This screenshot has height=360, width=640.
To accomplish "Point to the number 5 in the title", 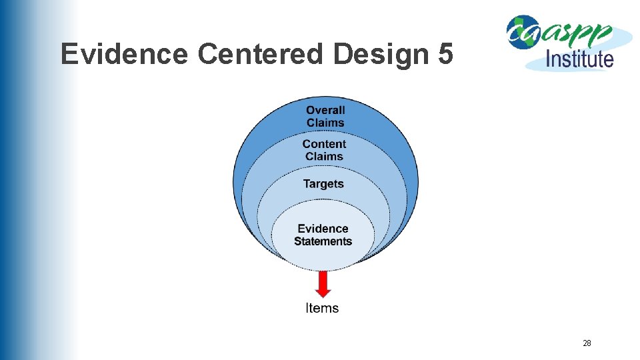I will pos(446,54).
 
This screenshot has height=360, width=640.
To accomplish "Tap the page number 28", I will pos(587,343).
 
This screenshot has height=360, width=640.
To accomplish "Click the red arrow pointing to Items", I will pos(323,284).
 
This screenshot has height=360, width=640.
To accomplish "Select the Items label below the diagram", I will pos(322,308).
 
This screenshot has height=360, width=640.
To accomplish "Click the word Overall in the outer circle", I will pos(325,110).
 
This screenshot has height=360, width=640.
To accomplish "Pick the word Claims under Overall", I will pos(325,123).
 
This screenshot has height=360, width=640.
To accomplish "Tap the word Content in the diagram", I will pos(324,144).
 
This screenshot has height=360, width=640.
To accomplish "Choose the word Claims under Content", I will pos(324,157).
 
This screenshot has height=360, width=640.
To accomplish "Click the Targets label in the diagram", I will pos(323,183).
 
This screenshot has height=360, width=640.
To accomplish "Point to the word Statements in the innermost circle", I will pos(323,241).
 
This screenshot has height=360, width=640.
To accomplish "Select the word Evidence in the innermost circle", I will pos(323,229).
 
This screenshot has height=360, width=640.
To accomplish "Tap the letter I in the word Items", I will pos(308,308).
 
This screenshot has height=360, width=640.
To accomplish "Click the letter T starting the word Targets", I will pos(307,183).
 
